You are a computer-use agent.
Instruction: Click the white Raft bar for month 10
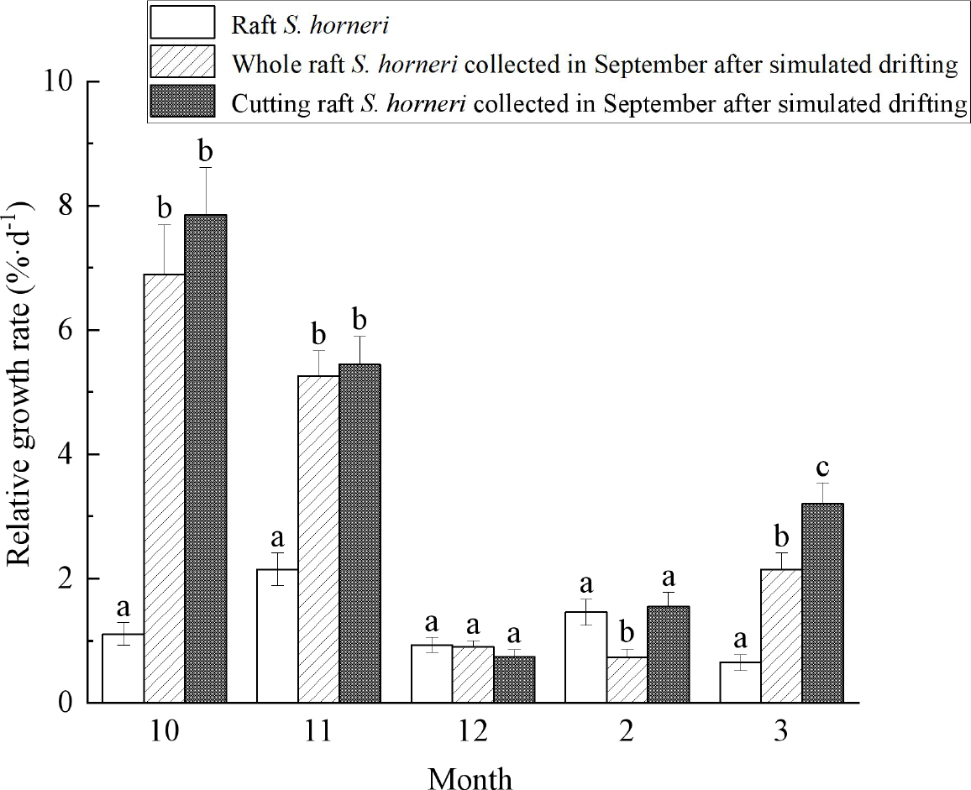pos(123,668)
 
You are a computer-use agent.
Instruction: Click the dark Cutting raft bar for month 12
pos(514,679)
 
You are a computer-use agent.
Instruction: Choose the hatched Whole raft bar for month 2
pos(627,679)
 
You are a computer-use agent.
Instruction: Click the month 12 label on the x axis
pos(472,731)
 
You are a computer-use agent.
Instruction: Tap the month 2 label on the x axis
pos(627,731)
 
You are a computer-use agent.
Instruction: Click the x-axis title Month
pos(470,777)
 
